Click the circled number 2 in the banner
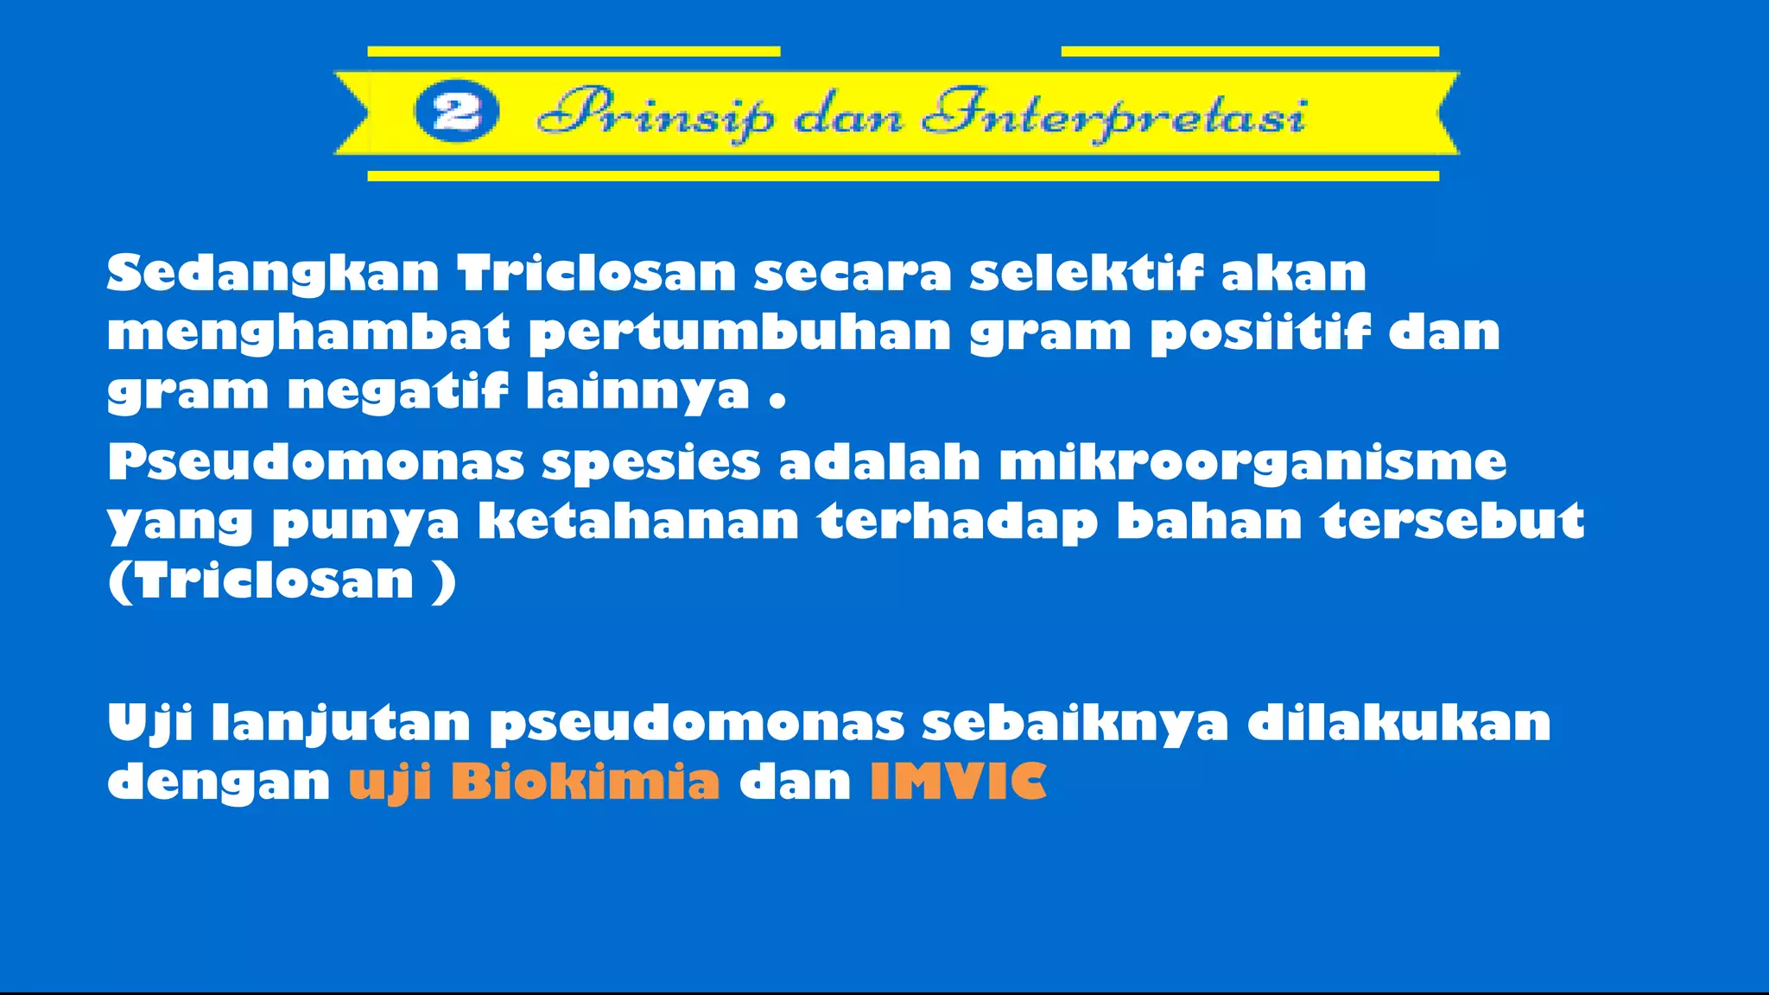456,113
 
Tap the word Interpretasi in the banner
1114,116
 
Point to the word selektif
1086,274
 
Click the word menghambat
308,334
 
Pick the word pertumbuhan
739,334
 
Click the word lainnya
638,392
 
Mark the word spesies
651,464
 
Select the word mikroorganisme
1252,464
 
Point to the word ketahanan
639,522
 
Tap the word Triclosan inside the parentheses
275,580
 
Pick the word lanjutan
341,724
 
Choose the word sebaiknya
1075,724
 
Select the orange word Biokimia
585,783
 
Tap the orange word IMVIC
958,783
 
